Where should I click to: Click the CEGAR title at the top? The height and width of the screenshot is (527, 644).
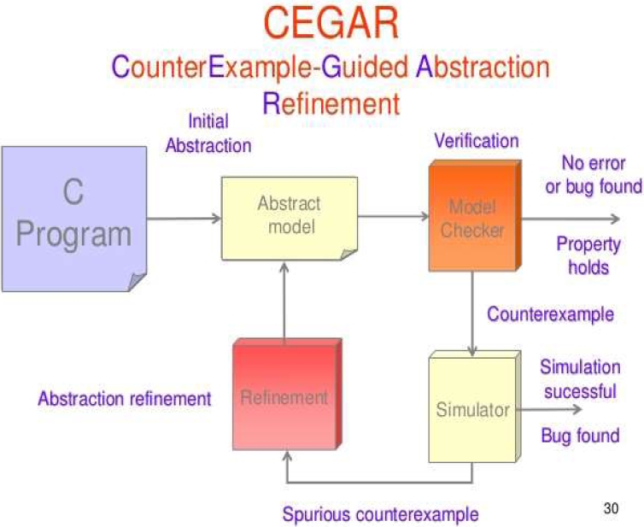[x=331, y=23]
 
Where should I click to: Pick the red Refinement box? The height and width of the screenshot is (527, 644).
[x=284, y=397]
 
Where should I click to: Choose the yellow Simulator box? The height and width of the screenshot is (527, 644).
[x=471, y=409]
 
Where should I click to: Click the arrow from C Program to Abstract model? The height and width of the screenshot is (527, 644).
[x=184, y=219]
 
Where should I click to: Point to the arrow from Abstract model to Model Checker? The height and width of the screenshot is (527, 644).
[x=394, y=217]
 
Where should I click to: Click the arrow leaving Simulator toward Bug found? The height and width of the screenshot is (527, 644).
[x=551, y=410]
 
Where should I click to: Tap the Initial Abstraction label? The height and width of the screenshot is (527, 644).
[x=208, y=133]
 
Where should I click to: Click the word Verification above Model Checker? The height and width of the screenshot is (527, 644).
[x=477, y=140]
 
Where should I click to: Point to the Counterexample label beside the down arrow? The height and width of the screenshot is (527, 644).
[x=550, y=314]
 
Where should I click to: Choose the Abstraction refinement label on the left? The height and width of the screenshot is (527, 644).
[x=124, y=398]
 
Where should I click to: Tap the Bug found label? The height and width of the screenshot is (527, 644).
[x=580, y=436]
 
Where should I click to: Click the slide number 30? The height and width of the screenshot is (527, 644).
[x=610, y=508]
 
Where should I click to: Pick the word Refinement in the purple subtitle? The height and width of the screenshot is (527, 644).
[x=331, y=103]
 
